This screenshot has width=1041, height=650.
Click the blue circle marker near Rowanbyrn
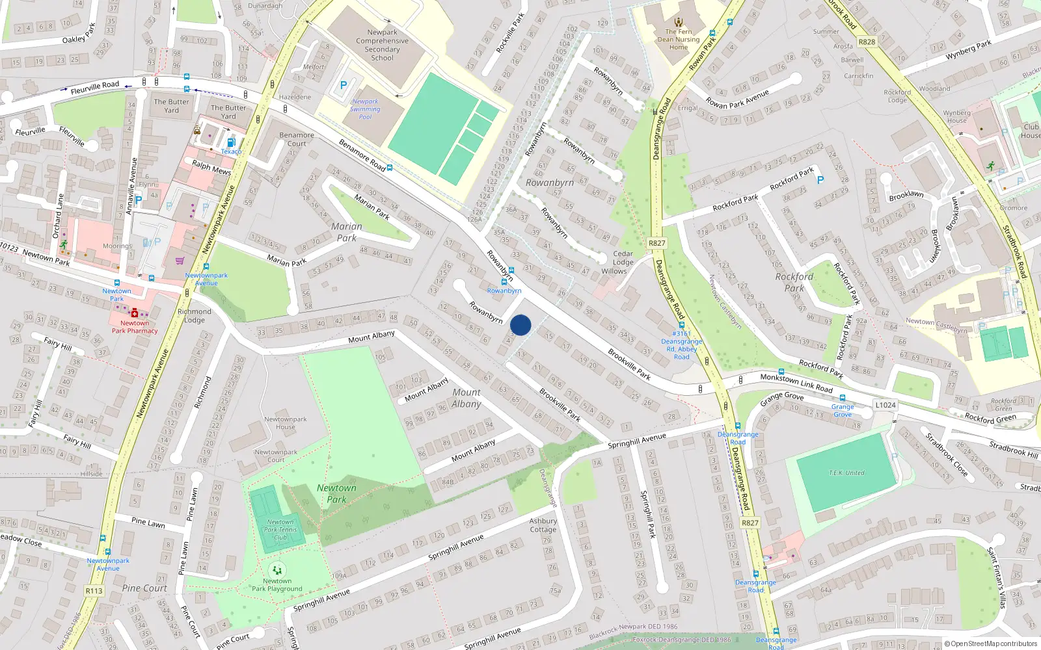520,325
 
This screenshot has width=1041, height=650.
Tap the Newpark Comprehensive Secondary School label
382,45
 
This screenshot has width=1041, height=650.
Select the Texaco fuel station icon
230,142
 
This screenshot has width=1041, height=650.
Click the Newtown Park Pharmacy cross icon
135,313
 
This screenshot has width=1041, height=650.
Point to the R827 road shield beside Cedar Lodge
656,243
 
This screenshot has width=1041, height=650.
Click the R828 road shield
867,42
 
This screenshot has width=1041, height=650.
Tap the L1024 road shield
885,405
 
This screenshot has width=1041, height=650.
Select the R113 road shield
94,591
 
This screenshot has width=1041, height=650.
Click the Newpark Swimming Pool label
365,109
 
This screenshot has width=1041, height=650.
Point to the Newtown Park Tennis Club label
280,530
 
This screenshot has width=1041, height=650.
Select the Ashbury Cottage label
543,525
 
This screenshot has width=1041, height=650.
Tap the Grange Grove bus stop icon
843,398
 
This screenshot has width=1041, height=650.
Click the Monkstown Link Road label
796,383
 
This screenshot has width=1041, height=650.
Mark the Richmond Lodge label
194,315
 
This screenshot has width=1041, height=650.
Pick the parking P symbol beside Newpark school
344,85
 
